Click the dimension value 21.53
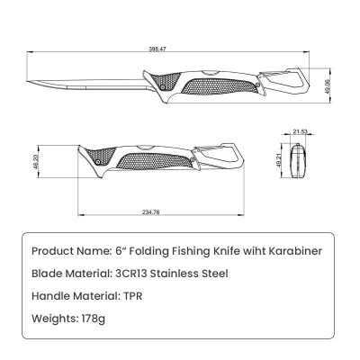(x=301, y=131)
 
